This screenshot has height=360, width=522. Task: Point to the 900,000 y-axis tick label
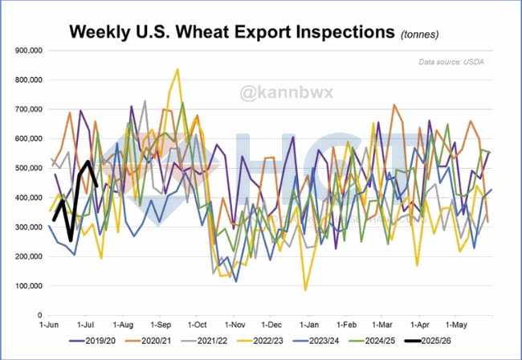[x=30, y=51]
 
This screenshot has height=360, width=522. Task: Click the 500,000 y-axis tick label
[x=30, y=168]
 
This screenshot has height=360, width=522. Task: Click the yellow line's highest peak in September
[x=177, y=70]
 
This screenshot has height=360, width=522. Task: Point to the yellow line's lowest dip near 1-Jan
[x=305, y=288]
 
